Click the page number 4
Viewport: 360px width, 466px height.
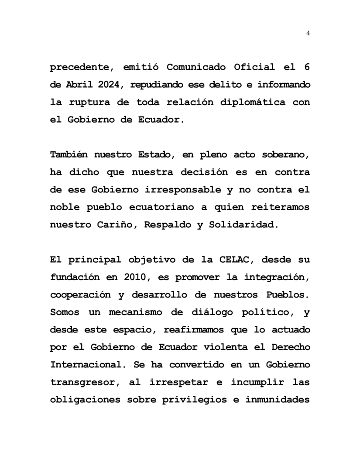[309, 33]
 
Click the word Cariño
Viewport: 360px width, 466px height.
[115, 224]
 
